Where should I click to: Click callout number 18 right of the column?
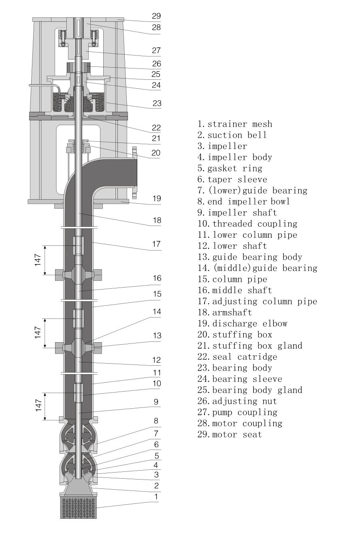point(156,221)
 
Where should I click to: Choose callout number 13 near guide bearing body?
point(156,336)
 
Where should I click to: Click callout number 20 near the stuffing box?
point(156,153)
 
